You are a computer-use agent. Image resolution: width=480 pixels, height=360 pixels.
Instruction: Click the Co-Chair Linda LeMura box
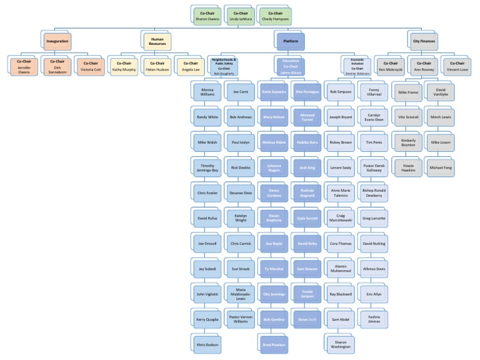click(x=240, y=16)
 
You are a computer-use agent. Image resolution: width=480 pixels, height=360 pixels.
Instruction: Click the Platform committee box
click(x=291, y=42)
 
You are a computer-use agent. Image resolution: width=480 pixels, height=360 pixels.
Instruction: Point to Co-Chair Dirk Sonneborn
click(x=57, y=66)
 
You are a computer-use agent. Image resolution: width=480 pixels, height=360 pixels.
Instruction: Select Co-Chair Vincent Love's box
click(x=457, y=66)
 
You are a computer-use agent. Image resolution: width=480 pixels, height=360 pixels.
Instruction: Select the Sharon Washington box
click(x=340, y=344)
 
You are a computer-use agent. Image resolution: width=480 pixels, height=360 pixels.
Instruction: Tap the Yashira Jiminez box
click(x=374, y=318)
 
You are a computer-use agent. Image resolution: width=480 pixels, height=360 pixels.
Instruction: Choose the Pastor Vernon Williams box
click(x=239, y=318)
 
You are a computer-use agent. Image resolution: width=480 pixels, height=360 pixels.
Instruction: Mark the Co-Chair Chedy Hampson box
click(x=274, y=16)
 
